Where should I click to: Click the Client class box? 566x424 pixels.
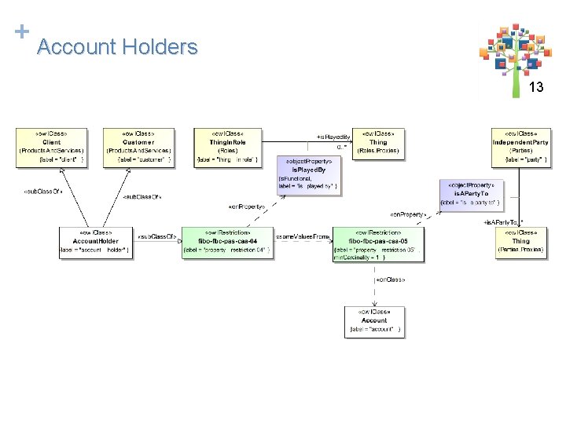point(52,148)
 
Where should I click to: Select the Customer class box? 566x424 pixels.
point(138,148)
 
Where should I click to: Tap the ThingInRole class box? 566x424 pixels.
point(227,146)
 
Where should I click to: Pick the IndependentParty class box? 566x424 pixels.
point(520,148)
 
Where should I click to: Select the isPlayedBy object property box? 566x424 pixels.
point(307,175)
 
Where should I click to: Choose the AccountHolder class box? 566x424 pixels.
point(96,243)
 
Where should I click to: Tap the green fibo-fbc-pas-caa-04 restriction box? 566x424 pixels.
point(226,243)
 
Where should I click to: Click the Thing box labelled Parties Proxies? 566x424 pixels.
point(520,243)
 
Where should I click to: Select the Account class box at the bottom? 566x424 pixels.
point(374,321)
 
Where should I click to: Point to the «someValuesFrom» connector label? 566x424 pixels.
point(302,236)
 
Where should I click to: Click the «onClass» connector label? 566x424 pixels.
point(391,280)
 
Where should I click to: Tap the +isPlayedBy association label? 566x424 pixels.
point(333,137)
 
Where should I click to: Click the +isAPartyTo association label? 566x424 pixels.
point(502,222)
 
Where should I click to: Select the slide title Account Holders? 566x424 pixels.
point(117,47)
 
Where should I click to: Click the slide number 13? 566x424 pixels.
point(536,88)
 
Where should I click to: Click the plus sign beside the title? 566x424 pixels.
point(21,31)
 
